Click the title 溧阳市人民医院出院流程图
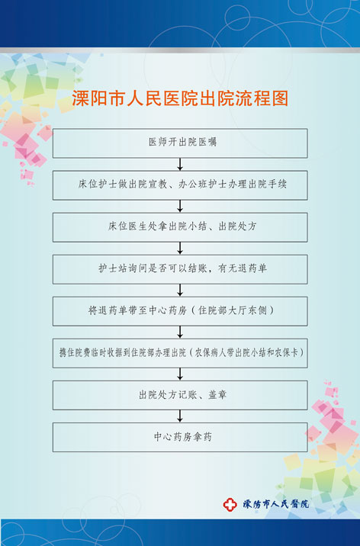[x=180, y=98]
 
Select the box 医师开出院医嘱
[x=180, y=143]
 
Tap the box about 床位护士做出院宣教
[x=180, y=185]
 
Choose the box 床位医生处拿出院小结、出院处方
[x=180, y=227]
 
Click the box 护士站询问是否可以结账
[x=180, y=269]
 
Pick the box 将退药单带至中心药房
[x=180, y=311]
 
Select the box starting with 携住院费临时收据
[x=180, y=353]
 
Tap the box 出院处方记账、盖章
[x=180, y=395]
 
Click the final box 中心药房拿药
[x=180, y=438]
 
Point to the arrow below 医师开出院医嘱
[x=180, y=165]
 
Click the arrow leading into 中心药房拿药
[x=180, y=416]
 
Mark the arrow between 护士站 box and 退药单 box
[x=180, y=291]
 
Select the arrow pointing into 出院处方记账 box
[x=180, y=374]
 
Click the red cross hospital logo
[x=230, y=505]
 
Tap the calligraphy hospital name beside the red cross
[x=276, y=504]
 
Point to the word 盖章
[x=217, y=394]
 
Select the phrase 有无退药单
[x=243, y=268]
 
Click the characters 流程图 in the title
[x=271, y=98]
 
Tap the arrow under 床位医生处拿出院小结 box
[x=180, y=249]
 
